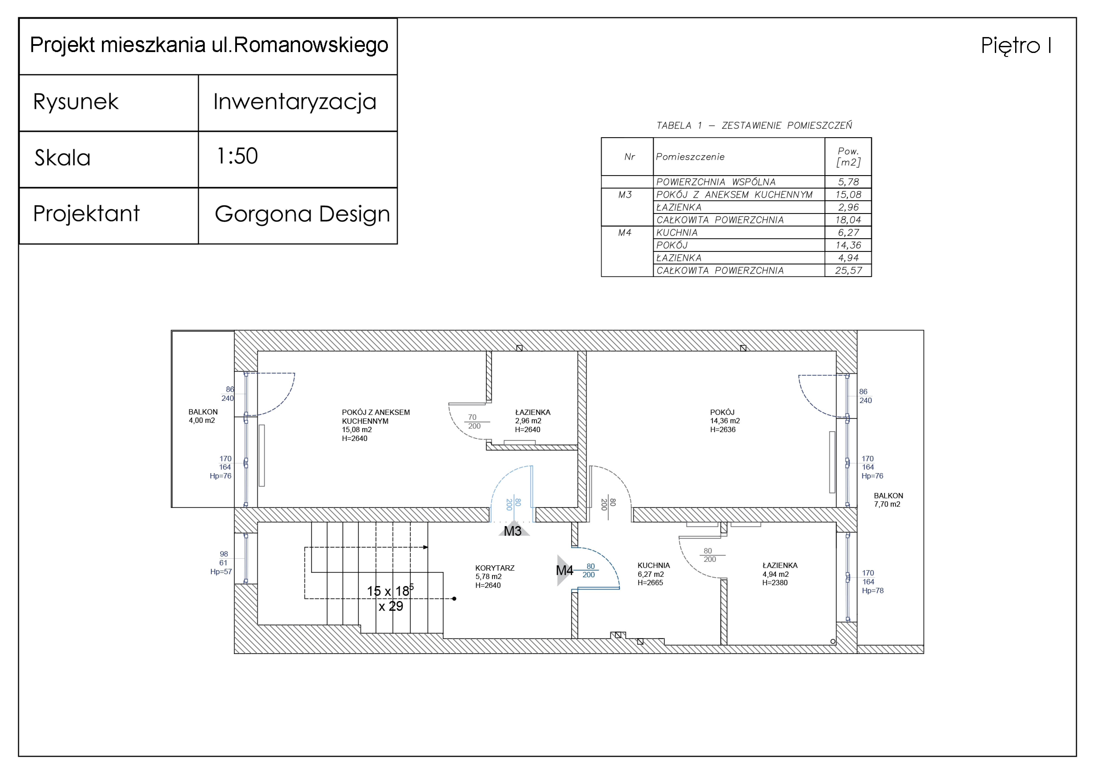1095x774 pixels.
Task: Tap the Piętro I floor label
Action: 1016,46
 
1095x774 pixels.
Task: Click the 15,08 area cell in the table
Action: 848,195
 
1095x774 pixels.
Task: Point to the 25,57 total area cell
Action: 848,270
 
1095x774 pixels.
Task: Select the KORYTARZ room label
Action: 495,568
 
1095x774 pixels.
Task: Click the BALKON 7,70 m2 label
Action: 888,500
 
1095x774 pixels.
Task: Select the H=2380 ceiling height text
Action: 774,583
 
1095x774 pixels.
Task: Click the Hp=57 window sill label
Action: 221,572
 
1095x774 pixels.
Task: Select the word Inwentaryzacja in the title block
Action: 295,102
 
